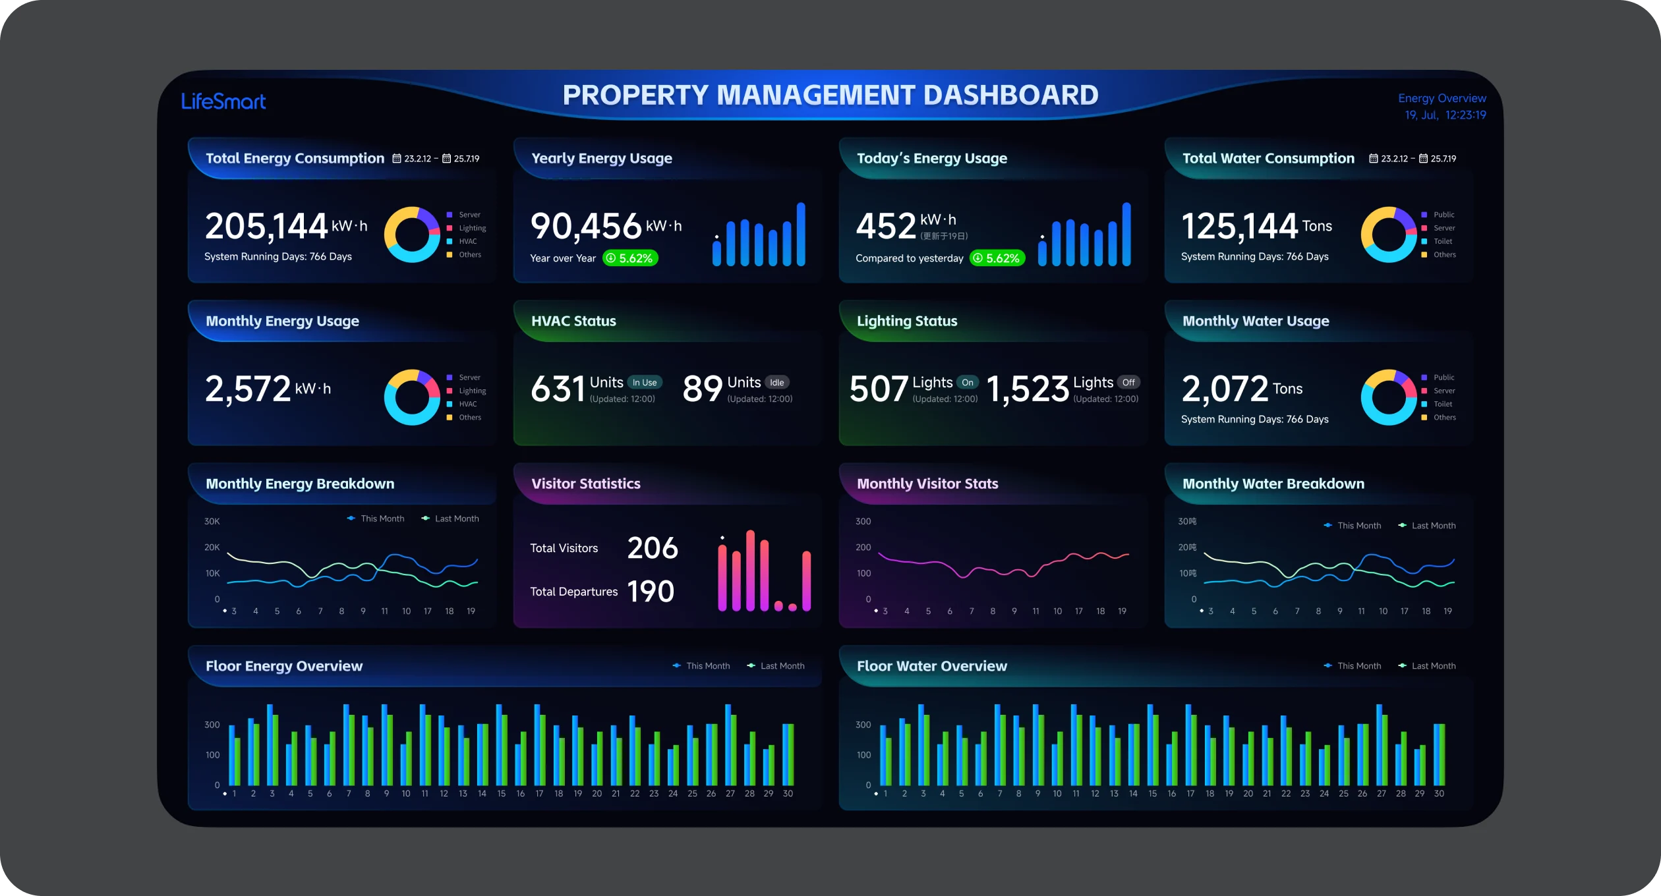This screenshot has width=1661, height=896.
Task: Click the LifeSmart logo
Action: (x=223, y=101)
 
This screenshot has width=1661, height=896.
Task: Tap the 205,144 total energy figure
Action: (x=266, y=226)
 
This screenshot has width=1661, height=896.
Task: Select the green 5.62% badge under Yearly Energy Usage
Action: (x=631, y=258)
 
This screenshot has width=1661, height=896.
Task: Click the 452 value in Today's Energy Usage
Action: (x=886, y=226)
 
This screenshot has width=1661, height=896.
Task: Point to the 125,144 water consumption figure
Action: (x=1239, y=226)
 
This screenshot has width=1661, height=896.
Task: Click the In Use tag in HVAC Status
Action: (x=645, y=383)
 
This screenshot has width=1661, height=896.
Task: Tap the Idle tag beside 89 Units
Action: (x=777, y=383)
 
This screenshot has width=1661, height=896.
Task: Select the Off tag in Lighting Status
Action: (x=1128, y=383)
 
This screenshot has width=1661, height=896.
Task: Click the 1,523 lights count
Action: (x=1028, y=389)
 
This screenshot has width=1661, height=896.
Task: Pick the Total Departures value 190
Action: (x=651, y=592)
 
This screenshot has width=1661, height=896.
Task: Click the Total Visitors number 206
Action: (x=653, y=548)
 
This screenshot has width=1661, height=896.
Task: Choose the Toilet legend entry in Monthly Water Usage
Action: (x=1442, y=405)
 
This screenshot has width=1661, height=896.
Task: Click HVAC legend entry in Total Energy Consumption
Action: (x=467, y=242)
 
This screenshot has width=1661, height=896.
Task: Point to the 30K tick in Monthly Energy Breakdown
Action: (x=212, y=522)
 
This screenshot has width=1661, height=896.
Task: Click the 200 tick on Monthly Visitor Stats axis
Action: (x=863, y=547)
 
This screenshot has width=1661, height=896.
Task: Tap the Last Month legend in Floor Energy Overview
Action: (x=782, y=666)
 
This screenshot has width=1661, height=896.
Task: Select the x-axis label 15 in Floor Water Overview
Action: (x=1152, y=794)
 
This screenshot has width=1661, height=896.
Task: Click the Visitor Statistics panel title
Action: (x=586, y=484)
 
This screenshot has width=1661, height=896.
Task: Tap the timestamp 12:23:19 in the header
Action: (x=1465, y=115)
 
